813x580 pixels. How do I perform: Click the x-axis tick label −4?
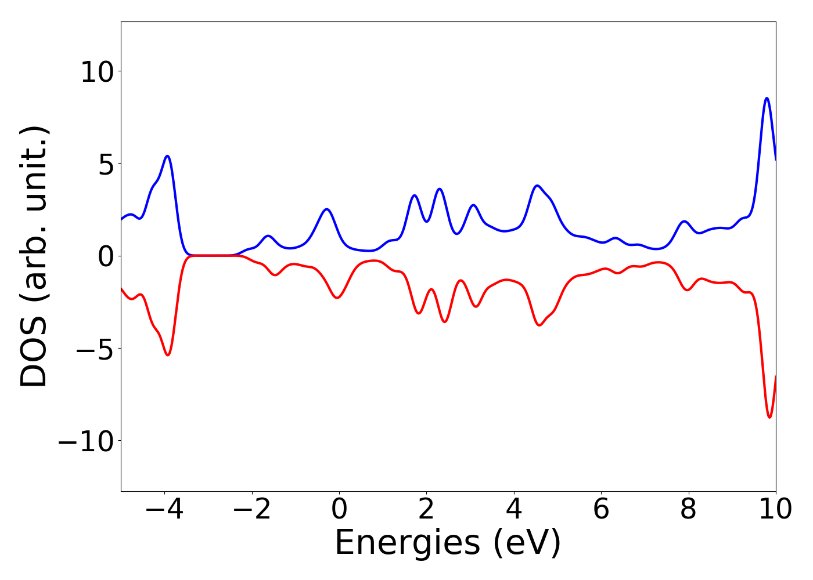pyautogui.click(x=164, y=509)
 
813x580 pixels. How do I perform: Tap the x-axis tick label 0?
pyautogui.click(x=339, y=509)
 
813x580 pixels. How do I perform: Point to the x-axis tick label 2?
pyautogui.click(x=426, y=509)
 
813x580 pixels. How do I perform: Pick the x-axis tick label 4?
pyautogui.click(x=514, y=509)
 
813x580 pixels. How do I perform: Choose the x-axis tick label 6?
pyautogui.click(x=601, y=509)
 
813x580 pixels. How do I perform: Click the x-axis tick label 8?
pyautogui.click(x=688, y=509)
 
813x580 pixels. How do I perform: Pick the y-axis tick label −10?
pyautogui.click(x=85, y=441)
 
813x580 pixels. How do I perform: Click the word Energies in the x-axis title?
pyautogui.click(x=407, y=543)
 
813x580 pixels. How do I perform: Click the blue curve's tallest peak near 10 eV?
pyautogui.click(x=767, y=98)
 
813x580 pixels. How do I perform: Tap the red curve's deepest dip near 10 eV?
pyautogui.click(x=769, y=417)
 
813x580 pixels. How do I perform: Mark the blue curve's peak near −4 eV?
pyautogui.click(x=167, y=156)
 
